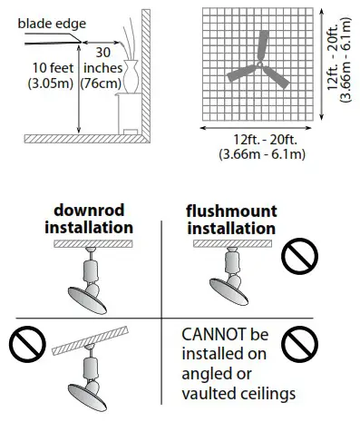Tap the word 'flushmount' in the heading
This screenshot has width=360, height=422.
pos(230,211)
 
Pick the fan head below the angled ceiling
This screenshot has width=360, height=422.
pos(90,395)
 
